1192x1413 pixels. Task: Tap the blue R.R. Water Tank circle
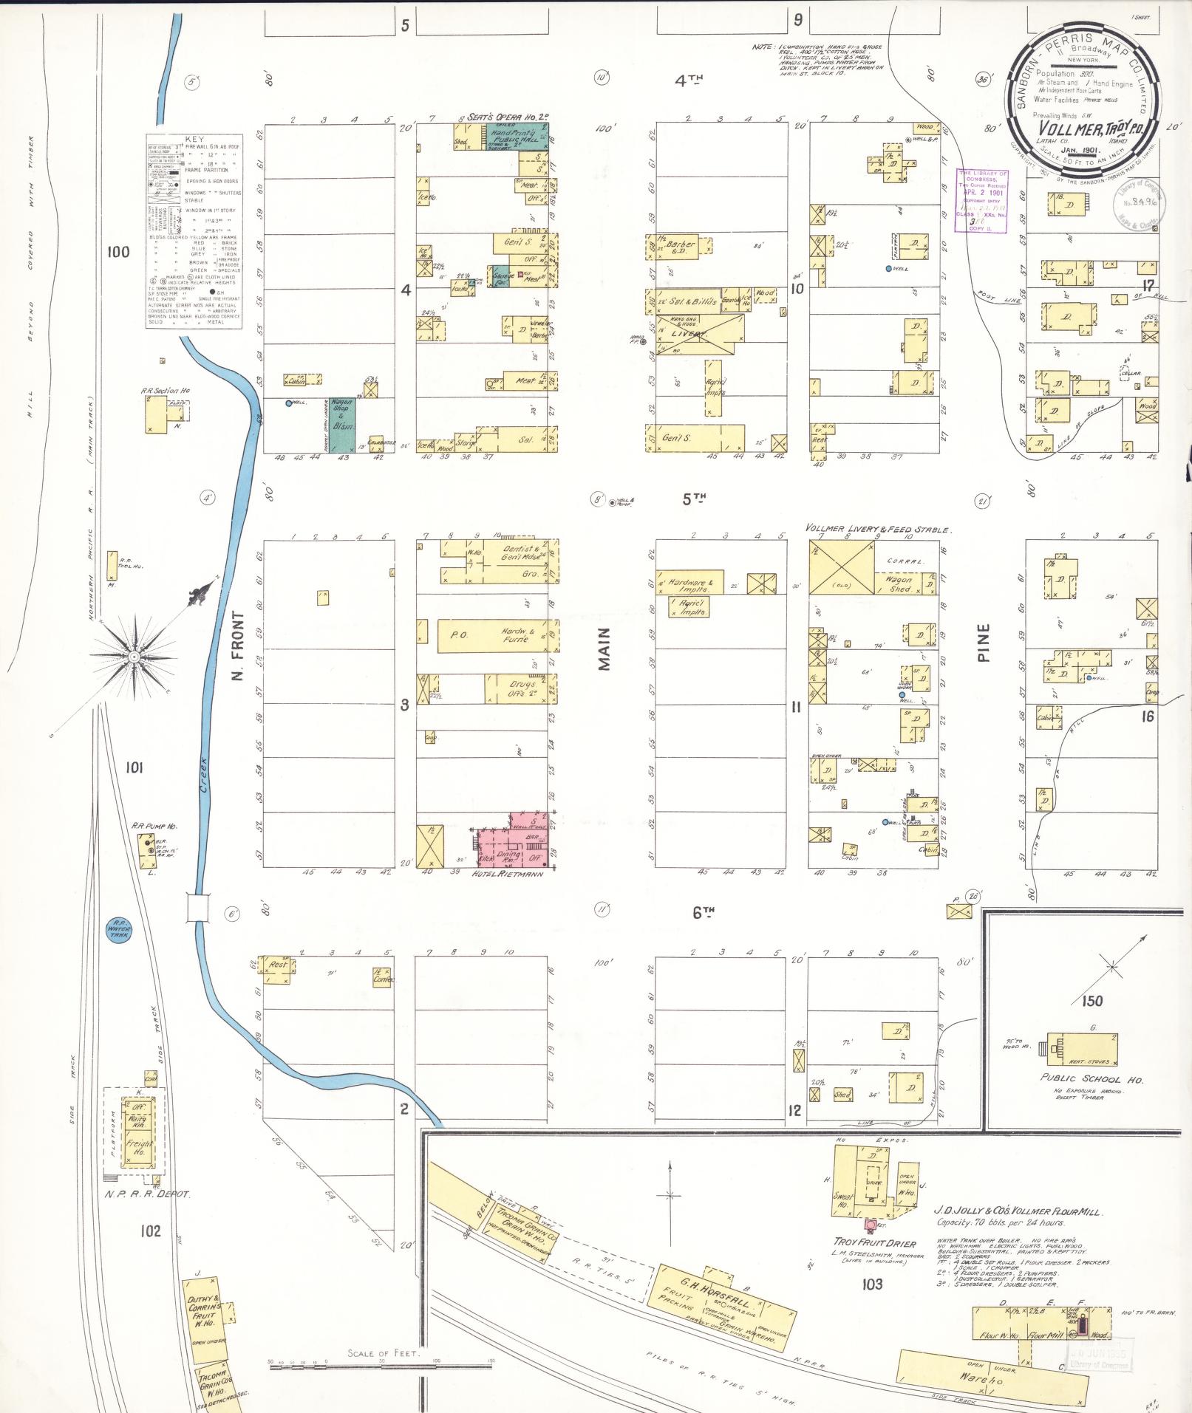(x=118, y=928)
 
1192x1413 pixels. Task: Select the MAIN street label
(x=605, y=649)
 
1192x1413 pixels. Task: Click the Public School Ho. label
(x=1091, y=1079)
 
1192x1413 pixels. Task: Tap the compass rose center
(x=134, y=656)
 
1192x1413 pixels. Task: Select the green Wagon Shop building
(x=342, y=425)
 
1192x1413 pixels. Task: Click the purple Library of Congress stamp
(x=983, y=202)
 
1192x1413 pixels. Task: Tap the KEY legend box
(x=194, y=231)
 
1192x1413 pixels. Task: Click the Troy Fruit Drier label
(x=874, y=1243)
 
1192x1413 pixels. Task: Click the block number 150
(x=1091, y=1001)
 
